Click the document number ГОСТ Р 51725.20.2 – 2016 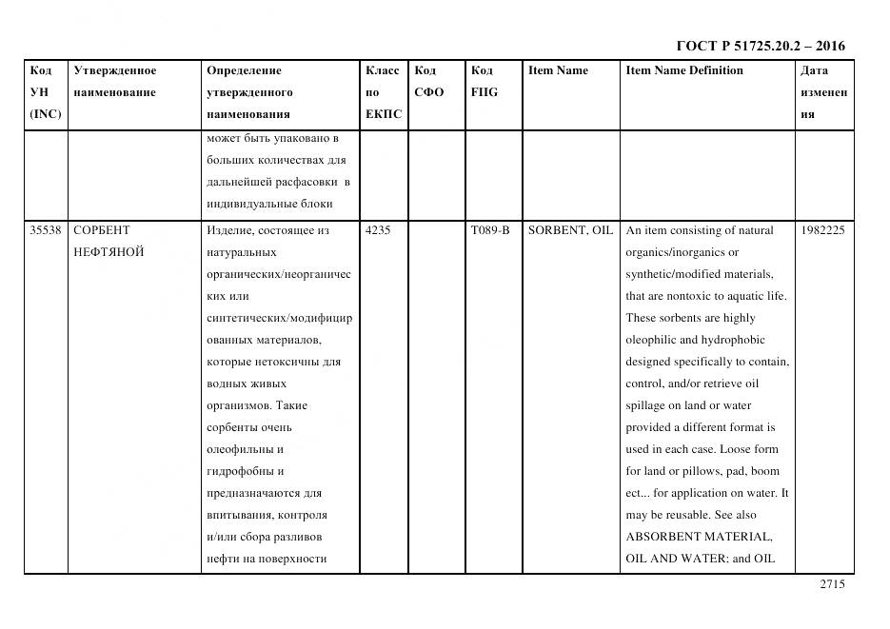point(760,46)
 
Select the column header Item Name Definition point(683,70)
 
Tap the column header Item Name point(558,70)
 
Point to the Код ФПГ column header point(484,81)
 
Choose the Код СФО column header point(428,81)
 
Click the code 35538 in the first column point(46,230)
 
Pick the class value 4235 point(378,230)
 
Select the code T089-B point(490,230)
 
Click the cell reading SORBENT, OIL point(570,230)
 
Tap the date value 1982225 point(822,230)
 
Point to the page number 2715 point(831,585)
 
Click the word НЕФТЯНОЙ point(109,252)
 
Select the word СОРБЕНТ point(101,230)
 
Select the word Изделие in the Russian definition point(228,230)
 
